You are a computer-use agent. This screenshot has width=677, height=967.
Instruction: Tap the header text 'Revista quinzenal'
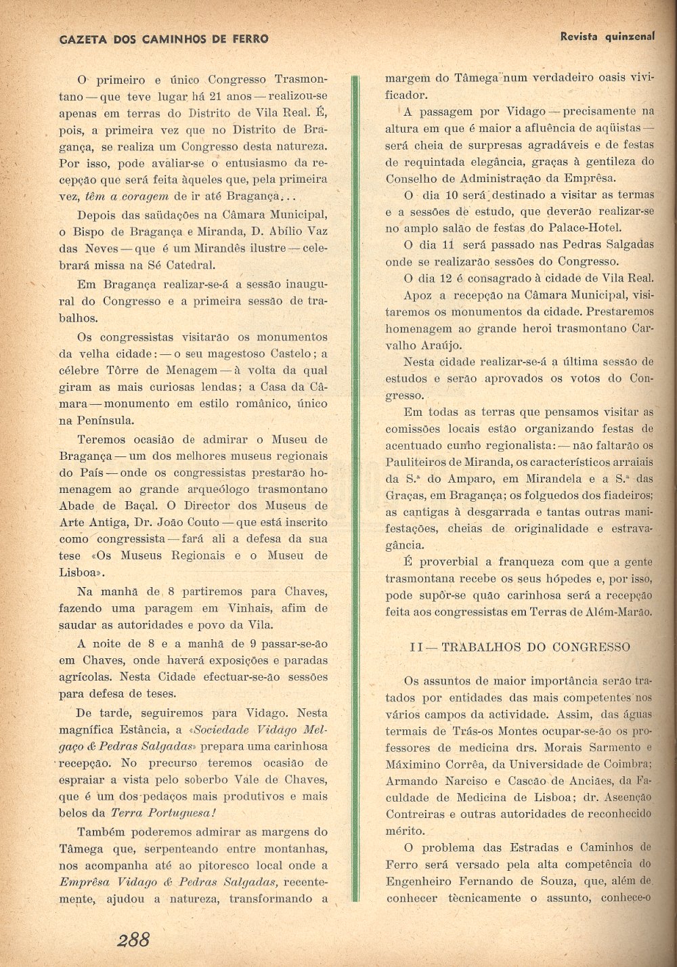(x=607, y=37)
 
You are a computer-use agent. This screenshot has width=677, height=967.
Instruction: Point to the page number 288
(x=133, y=939)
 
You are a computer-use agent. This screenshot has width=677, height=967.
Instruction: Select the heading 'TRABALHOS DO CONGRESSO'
(x=536, y=647)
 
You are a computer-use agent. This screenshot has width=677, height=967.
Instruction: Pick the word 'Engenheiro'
(x=419, y=881)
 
